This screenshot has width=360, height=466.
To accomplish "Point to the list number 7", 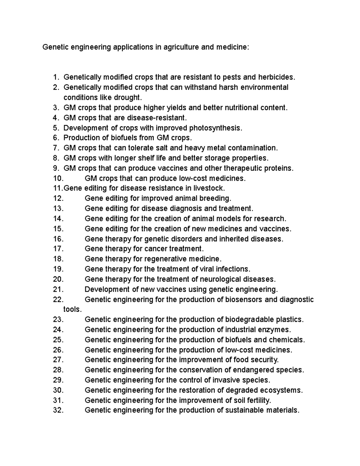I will tap(56, 148).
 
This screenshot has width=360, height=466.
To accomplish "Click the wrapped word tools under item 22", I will tap(72, 309).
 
